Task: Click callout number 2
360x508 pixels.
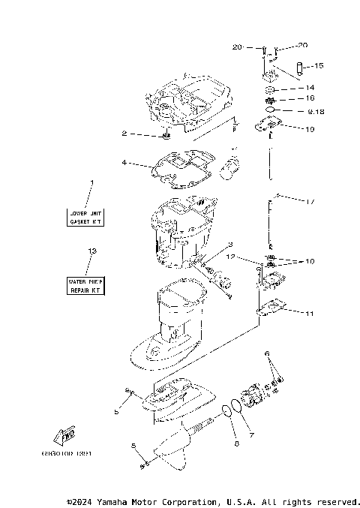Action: (x=124, y=134)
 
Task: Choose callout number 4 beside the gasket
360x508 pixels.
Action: (x=124, y=162)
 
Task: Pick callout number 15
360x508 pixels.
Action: (x=319, y=66)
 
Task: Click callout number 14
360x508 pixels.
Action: (x=310, y=88)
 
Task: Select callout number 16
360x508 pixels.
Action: (x=310, y=98)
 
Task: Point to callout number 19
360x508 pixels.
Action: (x=310, y=129)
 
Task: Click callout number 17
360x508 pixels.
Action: (x=310, y=202)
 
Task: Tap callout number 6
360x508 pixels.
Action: (x=266, y=353)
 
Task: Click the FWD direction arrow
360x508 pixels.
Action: (x=65, y=435)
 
